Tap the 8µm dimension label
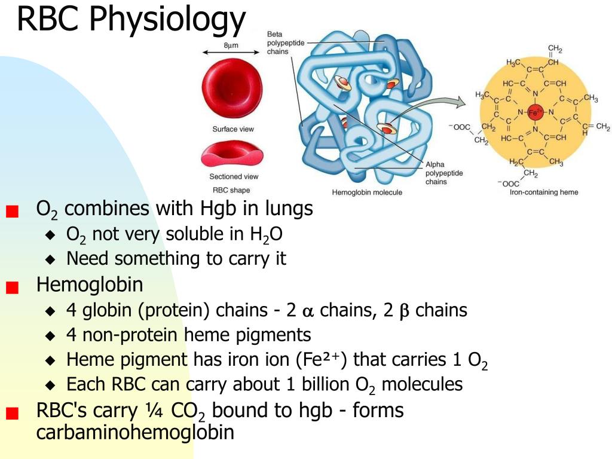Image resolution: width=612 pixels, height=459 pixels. [x=231, y=45]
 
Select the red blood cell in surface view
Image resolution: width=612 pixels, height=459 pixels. [x=232, y=88]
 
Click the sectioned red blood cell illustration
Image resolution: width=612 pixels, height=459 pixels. [x=232, y=154]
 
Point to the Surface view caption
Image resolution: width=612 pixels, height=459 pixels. [x=233, y=129]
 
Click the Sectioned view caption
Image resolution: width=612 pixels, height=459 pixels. [x=234, y=176]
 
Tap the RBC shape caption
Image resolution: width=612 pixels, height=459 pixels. [x=231, y=190]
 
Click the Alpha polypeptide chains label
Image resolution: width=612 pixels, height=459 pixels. [x=444, y=173]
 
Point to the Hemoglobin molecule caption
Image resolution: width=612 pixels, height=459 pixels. [x=367, y=192]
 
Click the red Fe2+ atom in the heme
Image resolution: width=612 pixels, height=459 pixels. [x=535, y=112]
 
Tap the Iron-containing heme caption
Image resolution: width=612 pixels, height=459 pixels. [x=544, y=192]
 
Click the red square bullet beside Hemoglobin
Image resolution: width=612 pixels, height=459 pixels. [x=12, y=287]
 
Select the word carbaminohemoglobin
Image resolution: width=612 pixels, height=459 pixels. [x=135, y=433]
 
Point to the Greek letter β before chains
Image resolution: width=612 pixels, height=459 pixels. [x=405, y=311]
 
